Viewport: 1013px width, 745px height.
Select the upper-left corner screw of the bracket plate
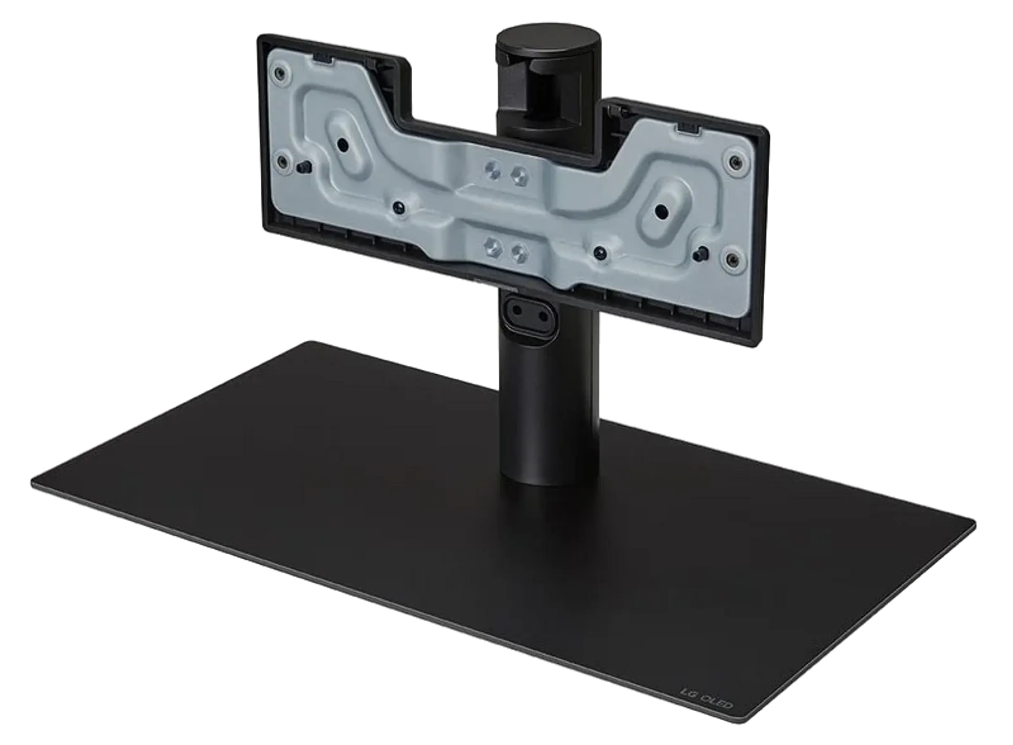pos(280,73)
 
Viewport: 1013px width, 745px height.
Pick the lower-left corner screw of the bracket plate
pos(283,162)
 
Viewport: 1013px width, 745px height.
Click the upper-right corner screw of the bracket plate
pos(735,162)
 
